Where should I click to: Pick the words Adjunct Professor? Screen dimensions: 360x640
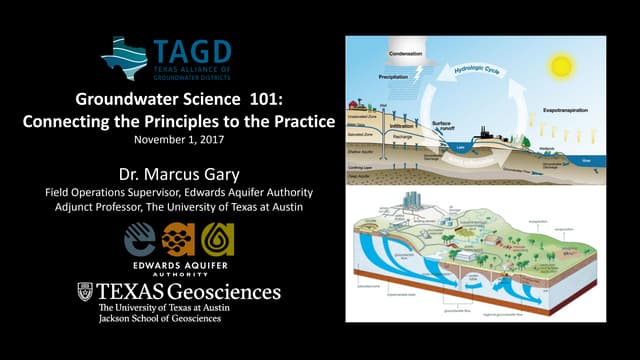(102, 206)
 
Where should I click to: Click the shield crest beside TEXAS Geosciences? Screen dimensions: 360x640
(86, 293)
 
